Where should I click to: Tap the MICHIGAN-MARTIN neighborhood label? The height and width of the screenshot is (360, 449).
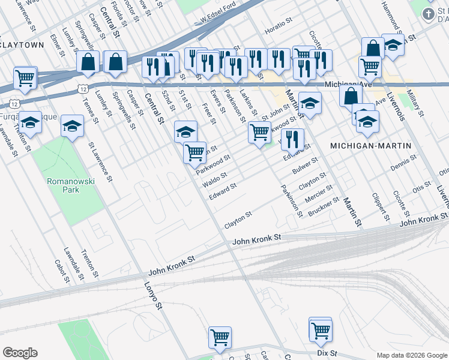371,146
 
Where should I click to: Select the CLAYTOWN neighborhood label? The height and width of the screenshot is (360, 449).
23,45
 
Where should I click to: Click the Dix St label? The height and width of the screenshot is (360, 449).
327,353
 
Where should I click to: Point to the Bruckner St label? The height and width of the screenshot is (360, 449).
324,207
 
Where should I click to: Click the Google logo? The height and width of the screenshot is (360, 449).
20,353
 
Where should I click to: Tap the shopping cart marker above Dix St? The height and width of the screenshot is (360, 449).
321,329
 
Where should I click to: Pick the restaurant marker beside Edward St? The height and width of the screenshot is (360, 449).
292,139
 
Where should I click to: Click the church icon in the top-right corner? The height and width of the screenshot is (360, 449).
429,13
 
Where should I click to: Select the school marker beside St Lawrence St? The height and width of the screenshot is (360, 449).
72,126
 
